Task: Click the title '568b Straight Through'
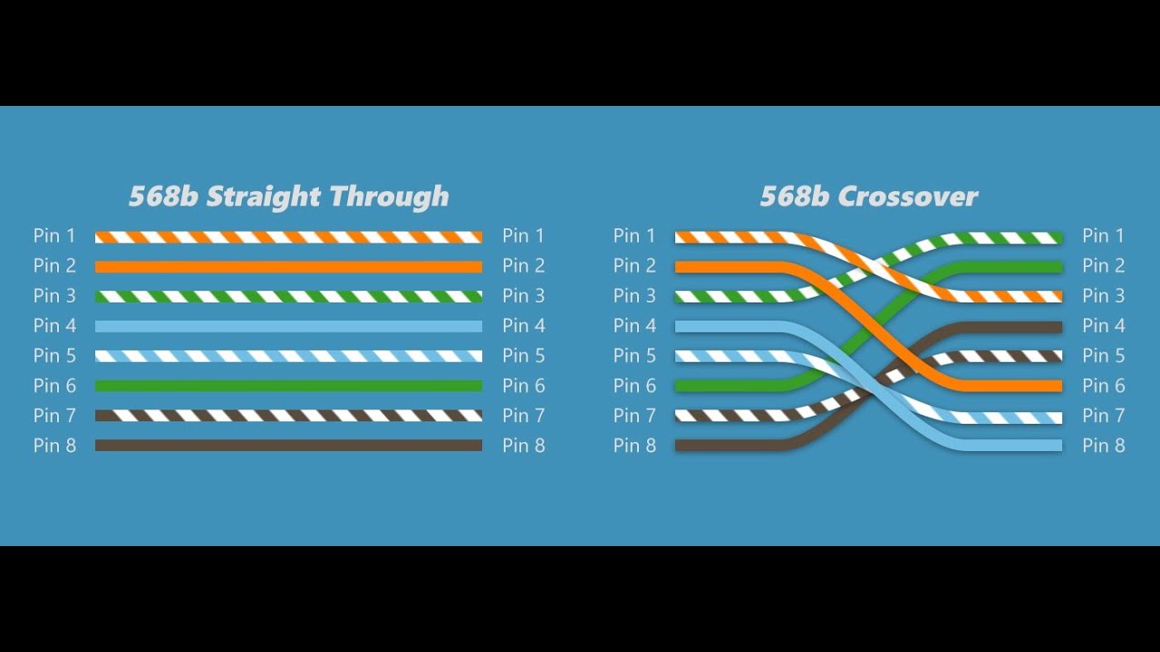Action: point(288,197)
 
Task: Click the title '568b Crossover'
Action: point(868,197)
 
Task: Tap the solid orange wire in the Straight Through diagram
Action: point(288,267)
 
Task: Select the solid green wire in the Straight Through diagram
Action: point(288,386)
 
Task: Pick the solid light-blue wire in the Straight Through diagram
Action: point(288,326)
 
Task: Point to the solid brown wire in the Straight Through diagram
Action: point(288,446)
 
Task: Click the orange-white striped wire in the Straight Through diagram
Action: point(288,237)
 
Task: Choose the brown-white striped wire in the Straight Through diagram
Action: point(288,416)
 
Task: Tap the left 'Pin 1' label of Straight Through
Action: point(54,236)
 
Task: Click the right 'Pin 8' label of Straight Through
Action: point(524,446)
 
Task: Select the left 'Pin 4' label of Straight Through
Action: point(54,325)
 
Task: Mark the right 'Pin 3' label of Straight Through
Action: point(524,296)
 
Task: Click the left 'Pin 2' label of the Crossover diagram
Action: point(634,266)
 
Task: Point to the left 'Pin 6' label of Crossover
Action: point(634,386)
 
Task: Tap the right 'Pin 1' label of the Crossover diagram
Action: point(1104,236)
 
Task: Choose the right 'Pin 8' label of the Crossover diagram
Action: point(1104,446)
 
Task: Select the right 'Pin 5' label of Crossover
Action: point(1104,356)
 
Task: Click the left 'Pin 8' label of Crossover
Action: point(634,446)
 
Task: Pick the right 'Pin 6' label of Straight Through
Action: point(524,386)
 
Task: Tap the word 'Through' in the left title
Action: point(389,197)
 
